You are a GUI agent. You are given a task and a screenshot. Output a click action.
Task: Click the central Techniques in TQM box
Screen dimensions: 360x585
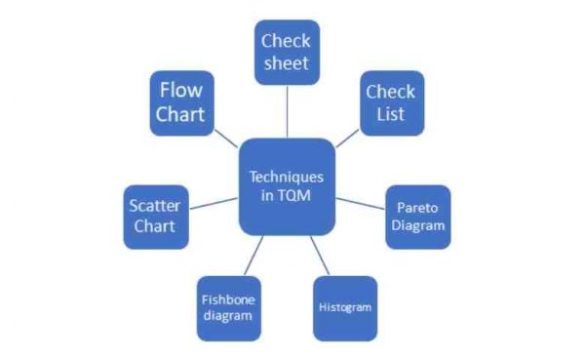[286, 186]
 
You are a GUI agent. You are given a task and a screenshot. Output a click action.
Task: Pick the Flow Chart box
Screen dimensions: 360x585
[182, 102]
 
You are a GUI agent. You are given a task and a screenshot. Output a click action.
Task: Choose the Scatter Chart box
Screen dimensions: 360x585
[155, 216]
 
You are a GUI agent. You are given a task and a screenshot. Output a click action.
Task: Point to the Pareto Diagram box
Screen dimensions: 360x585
[417, 217]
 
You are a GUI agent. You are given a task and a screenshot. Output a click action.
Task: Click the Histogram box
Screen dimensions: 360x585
[344, 307]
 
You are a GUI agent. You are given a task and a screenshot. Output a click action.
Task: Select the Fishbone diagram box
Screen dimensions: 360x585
[228, 307]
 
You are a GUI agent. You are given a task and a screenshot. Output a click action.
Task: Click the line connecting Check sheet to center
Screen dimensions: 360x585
[288, 110]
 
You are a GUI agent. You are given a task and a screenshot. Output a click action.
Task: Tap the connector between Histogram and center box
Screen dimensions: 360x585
[321, 255]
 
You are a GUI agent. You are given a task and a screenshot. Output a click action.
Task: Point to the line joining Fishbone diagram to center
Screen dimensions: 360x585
[251, 256]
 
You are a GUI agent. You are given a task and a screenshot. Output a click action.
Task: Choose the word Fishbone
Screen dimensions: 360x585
[228, 300]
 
